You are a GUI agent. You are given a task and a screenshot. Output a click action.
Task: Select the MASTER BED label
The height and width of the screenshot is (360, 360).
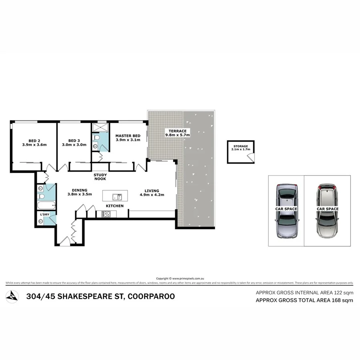pos(128,138)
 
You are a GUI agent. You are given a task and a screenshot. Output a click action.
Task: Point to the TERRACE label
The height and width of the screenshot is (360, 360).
pos(177,133)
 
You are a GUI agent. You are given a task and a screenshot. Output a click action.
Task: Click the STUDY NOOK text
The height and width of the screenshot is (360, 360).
pos(100,177)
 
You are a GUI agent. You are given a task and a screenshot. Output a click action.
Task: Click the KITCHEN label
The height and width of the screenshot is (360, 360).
pos(114,206)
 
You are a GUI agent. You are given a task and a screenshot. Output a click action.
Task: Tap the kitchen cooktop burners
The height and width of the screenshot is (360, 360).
pos(106,214)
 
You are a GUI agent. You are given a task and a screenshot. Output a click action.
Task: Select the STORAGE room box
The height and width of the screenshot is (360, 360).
pos(241,152)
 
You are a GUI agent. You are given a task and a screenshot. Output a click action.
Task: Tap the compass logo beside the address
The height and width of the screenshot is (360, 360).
pos(13,296)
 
